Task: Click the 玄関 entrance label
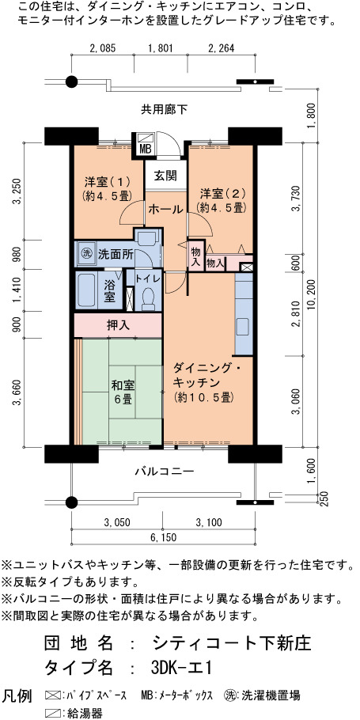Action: click(x=164, y=176)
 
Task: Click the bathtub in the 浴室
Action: click(x=86, y=291)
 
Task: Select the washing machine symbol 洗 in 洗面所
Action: click(x=86, y=253)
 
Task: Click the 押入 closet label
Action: click(x=118, y=325)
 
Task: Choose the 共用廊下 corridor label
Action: click(x=164, y=109)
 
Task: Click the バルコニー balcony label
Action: click(x=165, y=471)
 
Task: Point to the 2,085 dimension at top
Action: click(x=102, y=47)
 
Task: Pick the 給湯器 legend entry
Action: click(x=74, y=713)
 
